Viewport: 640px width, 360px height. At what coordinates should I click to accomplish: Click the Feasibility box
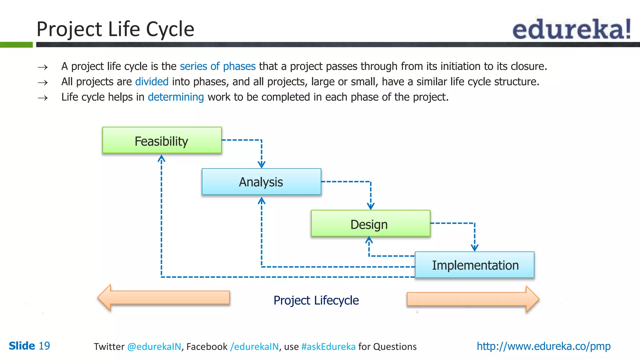[162, 140]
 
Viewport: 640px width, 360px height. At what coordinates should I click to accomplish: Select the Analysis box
[261, 182]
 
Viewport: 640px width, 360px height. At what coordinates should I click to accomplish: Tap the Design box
[370, 223]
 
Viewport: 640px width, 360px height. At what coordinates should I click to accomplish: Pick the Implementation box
[475, 265]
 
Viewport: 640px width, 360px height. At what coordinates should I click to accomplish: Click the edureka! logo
[572, 29]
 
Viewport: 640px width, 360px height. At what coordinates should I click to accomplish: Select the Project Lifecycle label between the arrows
[316, 300]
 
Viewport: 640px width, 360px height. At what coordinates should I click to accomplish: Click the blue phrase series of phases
[217, 66]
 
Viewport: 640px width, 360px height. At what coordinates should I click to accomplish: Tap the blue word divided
[152, 82]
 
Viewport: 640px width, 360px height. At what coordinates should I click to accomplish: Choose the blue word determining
[176, 97]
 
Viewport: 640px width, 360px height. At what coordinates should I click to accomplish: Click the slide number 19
[44, 346]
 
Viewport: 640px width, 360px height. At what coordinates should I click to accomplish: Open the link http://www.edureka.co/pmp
[543, 346]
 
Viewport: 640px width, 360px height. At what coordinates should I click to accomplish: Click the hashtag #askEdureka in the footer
[328, 347]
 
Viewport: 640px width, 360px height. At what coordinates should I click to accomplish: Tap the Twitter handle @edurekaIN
[154, 347]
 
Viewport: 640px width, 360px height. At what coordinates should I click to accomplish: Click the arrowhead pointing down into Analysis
[262, 165]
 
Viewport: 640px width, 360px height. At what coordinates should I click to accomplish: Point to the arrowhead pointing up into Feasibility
[161, 158]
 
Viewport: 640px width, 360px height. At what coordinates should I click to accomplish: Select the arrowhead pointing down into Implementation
[474, 248]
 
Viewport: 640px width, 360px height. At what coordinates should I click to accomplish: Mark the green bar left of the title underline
[16, 45]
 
